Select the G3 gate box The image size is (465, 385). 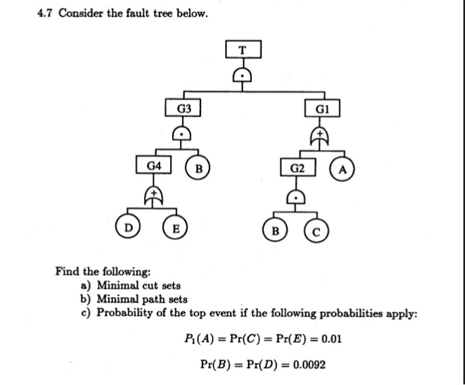[184, 108]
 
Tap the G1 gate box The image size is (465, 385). [322, 108]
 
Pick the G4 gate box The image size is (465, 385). [153, 164]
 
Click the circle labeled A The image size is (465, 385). [342, 168]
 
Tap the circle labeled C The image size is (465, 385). [316, 233]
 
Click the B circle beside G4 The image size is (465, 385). [197, 167]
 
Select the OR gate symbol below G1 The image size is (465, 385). [322, 136]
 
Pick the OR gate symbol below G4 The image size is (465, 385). [154, 193]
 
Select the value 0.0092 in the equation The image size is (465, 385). [307, 364]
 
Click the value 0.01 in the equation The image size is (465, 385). [330, 338]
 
